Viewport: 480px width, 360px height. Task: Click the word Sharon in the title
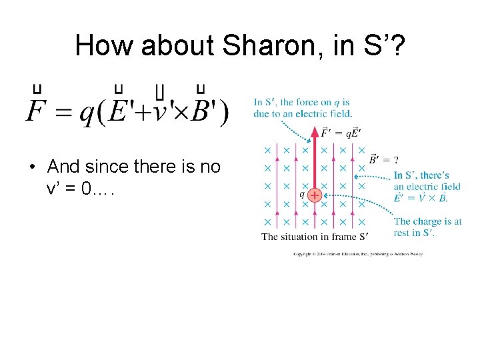257,45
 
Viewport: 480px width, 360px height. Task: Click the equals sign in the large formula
63,113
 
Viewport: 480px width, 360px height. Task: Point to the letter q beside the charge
302,195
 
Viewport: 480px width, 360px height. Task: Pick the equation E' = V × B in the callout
421,198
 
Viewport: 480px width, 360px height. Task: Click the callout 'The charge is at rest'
427,227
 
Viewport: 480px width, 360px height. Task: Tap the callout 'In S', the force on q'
301,107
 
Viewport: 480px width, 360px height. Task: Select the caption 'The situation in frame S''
315,237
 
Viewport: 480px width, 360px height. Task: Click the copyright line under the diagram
358,254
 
